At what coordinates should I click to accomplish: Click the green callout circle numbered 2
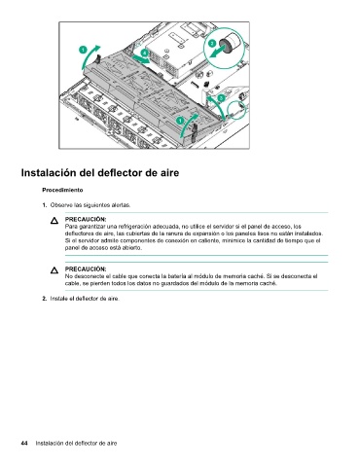[212, 44]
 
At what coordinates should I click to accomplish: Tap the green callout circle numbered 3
[221, 97]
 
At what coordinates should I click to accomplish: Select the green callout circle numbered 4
[145, 53]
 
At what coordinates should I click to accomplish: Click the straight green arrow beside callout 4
[141, 58]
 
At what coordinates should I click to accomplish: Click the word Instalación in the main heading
[49, 172]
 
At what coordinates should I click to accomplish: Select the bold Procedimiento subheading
[62, 190]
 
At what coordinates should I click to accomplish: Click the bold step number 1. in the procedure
[45, 205]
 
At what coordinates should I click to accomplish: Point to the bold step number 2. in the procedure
[45, 299]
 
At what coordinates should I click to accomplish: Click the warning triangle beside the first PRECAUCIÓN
[54, 221]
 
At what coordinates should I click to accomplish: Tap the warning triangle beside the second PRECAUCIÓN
[54, 270]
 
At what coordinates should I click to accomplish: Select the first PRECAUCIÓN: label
[86, 219]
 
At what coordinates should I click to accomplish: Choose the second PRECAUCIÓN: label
[86, 269]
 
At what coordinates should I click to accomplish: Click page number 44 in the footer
[24, 443]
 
